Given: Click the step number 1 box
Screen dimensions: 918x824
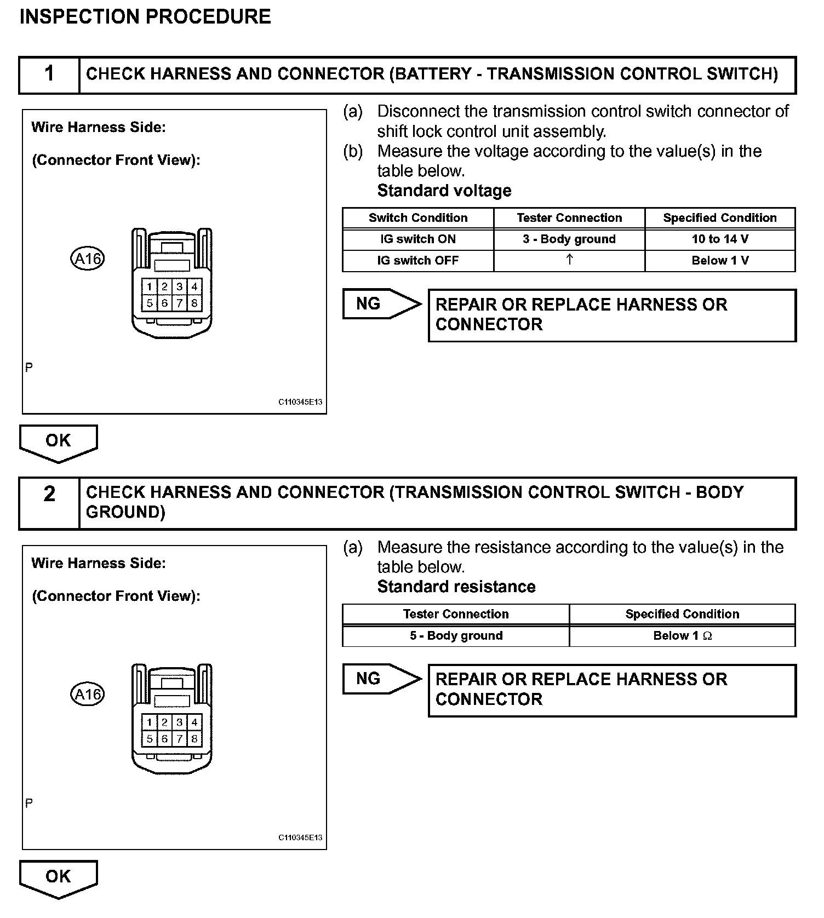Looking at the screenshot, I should [x=49, y=74].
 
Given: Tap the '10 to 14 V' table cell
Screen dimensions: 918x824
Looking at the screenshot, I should [x=720, y=239].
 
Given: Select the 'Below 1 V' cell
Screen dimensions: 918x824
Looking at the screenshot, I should [x=720, y=261].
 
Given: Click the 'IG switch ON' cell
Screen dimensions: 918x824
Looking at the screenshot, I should [x=418, y=239].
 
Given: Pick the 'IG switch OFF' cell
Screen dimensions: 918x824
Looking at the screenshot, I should [x=418, y=261].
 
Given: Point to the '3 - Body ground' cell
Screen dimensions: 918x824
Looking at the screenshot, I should [x=569, y=239].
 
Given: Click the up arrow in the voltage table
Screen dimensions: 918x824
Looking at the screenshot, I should [x=569, y=260].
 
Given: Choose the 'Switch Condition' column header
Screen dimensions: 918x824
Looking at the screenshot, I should [x=418, y=218].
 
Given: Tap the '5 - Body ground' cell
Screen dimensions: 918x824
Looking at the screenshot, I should [x=456, y=636].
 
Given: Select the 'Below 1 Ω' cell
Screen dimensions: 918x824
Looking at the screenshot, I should [x=682, y=636].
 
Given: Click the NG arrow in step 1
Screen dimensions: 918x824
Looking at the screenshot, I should [x=381, y=304].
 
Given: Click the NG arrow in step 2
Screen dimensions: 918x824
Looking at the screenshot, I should [x=381, y=679].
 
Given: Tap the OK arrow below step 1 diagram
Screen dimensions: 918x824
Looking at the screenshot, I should [x=58, y=441].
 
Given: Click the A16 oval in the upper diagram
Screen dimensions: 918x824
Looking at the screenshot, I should [x=88, y=258].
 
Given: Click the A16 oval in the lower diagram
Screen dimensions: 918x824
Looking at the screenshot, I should [x=88, y=695].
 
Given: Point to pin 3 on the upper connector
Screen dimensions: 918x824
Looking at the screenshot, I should [x=179, y=287].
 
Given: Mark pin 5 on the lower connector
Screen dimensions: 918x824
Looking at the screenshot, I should [x=149, y=739].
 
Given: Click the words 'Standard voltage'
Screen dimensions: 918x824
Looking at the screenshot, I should [x=444, y=191].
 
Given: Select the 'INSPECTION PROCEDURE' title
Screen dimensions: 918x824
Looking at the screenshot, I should [x=145, y=16].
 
